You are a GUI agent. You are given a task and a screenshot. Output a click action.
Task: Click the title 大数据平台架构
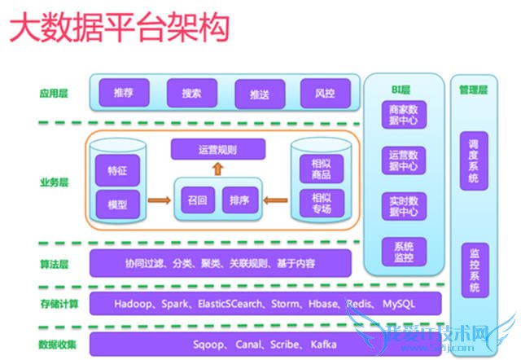(x=118, y=30)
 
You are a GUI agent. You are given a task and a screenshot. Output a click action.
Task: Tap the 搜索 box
(x=191, y=93)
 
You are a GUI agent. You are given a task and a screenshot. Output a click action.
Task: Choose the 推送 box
(x=259, y=94)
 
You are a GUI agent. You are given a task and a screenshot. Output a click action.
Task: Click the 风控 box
(x=325, y=93)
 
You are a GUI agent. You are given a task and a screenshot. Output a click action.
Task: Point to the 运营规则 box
(x=217, y=150)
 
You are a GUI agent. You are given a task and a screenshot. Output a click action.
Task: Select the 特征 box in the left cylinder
(x=118, y=172)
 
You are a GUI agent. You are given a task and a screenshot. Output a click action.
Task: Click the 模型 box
(x=118, y=203)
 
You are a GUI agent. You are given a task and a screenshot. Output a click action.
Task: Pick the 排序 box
(x=239, y=200)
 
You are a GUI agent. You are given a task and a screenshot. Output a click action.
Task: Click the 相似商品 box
(x=321, y=169)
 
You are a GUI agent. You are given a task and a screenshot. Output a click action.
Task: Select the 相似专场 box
(x=321, y=203)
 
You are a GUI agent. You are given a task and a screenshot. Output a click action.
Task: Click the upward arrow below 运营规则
(x=217, y=169)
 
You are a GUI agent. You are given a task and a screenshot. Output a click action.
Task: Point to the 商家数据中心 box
(x=405, y=116)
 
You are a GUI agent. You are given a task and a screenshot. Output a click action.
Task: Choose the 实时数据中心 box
(x=405, y=207)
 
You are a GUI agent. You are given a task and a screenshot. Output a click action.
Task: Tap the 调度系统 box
(x=473, y=160)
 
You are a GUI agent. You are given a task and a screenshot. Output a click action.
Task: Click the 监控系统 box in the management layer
(x=473, y=270)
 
